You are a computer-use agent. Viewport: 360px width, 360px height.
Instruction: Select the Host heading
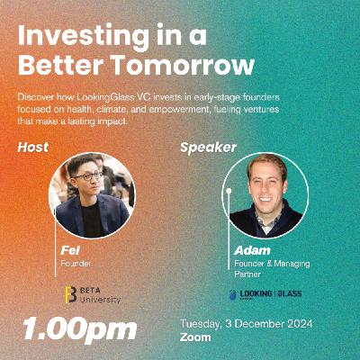pyautogui.click(x=33, y=146)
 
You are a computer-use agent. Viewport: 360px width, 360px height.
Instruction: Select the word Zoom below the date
pyautogui.click(x=195, y=337)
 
